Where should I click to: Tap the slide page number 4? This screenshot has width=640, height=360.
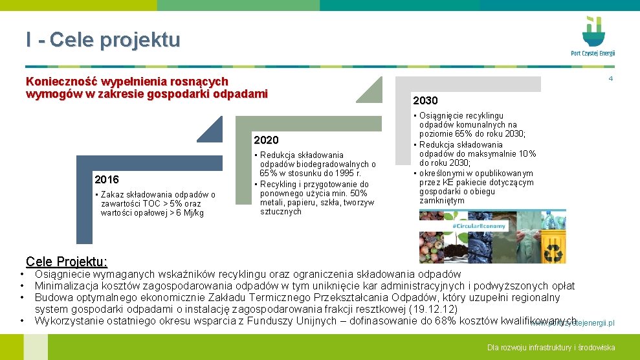[610, 79]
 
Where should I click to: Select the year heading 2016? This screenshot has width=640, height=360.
[106, 179]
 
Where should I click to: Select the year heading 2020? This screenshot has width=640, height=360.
[266, 140]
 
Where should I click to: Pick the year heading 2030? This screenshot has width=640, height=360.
[425, 100]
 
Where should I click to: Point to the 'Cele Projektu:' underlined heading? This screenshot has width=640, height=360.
[67, 262]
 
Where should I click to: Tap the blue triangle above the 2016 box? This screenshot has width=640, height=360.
[211, 129]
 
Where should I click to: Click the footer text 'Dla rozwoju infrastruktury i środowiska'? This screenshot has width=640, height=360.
[551, 348]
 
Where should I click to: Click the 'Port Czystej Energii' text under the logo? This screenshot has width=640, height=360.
[593, 54]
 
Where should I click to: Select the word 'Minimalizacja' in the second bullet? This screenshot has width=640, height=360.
[66, 286]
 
